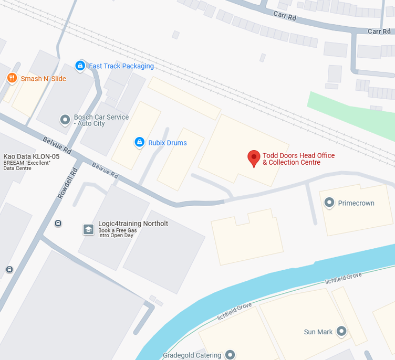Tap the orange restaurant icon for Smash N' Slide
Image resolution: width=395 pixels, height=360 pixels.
pos(12,79)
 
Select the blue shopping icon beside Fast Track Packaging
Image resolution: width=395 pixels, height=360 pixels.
pos(80,66)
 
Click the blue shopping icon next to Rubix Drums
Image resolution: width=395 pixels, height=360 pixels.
pos(139,142)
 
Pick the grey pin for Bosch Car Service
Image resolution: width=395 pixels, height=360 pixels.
pos(65,120)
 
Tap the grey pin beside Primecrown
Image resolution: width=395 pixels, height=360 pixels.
pos(329,203)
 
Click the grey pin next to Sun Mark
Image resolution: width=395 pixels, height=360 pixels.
pos(341,331)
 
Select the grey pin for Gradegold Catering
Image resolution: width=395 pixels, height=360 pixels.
pos(230,355)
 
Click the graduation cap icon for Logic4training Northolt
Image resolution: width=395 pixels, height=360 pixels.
pos(88,229)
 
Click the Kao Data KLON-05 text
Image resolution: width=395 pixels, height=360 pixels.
pos(32,156)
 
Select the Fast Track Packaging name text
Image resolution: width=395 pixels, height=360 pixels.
pos(121,66)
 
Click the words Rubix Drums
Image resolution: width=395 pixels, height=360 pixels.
pos(168,143)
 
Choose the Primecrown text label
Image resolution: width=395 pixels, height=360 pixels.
pos(356,203)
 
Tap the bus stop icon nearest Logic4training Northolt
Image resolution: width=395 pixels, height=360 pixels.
pos(58,223)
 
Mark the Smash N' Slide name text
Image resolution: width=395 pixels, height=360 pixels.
pos(44,79)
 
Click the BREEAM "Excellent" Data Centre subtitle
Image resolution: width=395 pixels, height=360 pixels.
pos(27,165)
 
